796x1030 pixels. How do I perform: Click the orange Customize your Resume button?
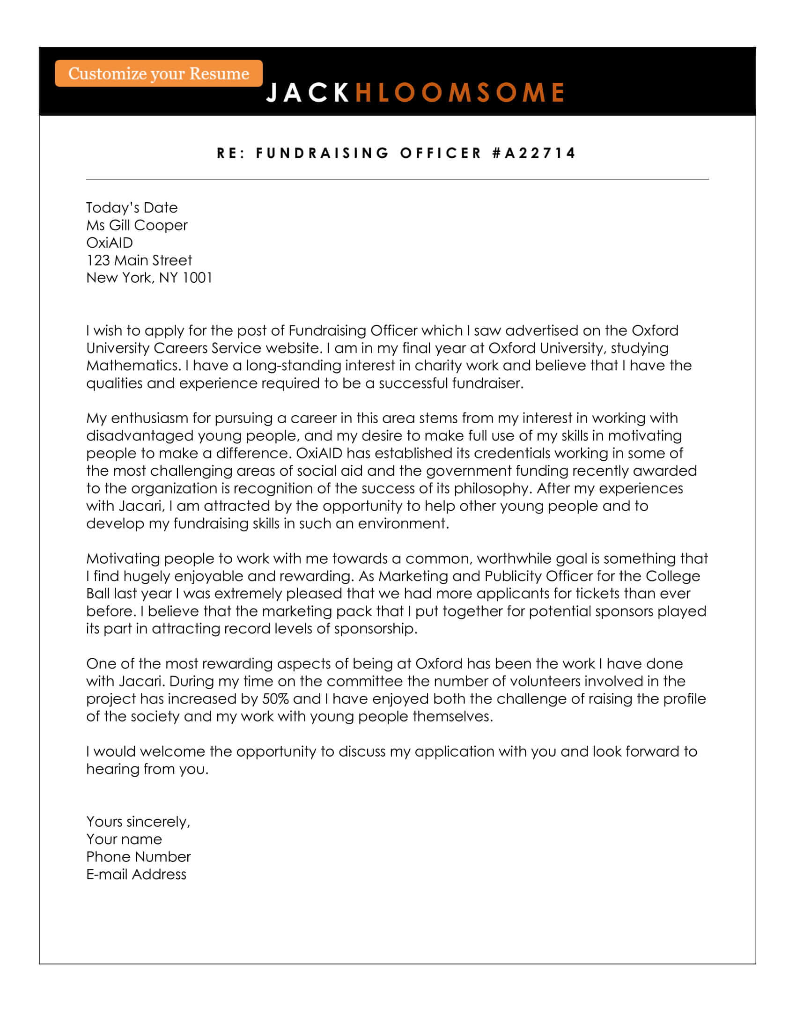coord(158,73)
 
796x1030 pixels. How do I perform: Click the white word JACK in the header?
coord(308,92)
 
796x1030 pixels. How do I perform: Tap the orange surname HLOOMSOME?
coord(460,92)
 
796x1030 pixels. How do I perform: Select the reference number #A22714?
coord(534,153)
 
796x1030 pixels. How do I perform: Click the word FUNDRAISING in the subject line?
coord(323,153)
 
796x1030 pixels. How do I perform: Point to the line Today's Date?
coord(132,207)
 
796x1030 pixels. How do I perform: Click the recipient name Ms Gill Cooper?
coord(137,226)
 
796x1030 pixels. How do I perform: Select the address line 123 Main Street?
coord(139,260)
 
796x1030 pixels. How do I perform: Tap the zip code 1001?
coord(198,278)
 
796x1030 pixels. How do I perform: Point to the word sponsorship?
coord(376,629)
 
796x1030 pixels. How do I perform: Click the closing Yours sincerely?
coord(138,822)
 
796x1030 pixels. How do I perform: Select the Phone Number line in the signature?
coord(138,857)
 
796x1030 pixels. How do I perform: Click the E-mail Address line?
coord(136,875)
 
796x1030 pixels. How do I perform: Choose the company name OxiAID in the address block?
coord(110,243)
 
